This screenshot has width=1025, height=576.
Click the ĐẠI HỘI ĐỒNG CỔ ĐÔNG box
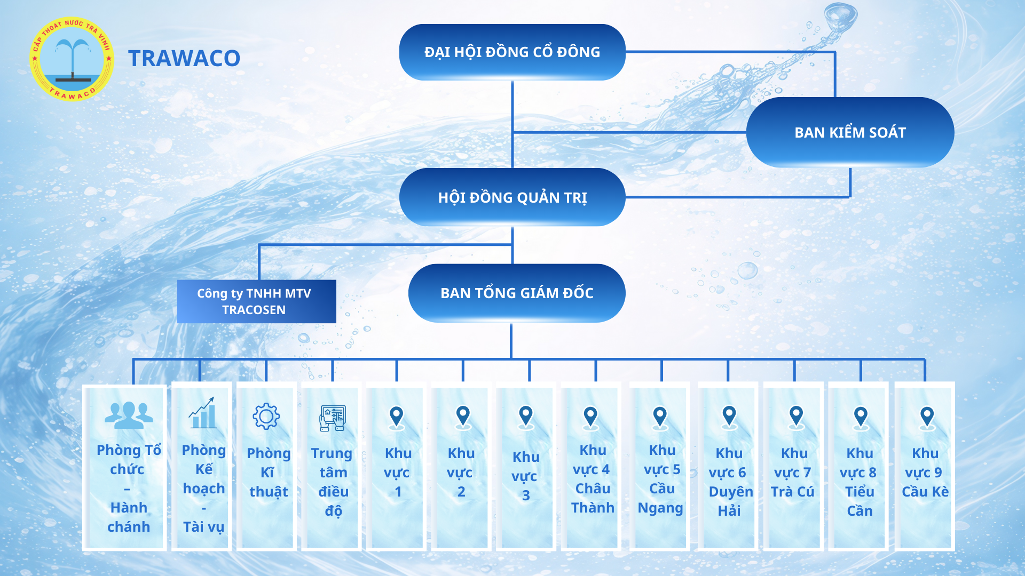point(512,52)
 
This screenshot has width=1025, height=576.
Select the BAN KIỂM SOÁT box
point(850,132)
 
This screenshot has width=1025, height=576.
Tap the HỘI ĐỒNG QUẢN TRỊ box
point(512,197)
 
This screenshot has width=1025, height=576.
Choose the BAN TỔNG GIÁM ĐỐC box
point(517,293)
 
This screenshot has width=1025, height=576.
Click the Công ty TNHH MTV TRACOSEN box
point(257,301)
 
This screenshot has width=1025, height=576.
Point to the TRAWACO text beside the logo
point(184,58)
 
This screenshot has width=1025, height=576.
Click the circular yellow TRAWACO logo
point(72,59)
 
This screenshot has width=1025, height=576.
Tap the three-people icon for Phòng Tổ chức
point(129,415)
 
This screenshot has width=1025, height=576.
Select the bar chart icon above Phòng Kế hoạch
point(202,413)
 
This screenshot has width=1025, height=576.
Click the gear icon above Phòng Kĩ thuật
point(266,417)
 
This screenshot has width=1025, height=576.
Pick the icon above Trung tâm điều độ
point(333,418)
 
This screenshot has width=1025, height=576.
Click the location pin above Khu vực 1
point(397,418)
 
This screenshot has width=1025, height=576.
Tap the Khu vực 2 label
point(461,473)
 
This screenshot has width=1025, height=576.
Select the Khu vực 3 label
point(525,476)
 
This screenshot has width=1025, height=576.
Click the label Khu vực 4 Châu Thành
point(593,479)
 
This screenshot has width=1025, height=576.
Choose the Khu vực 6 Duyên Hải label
point(730,482)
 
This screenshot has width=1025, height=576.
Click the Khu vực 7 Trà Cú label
point(793,473)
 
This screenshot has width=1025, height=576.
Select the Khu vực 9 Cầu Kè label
point(925,473)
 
